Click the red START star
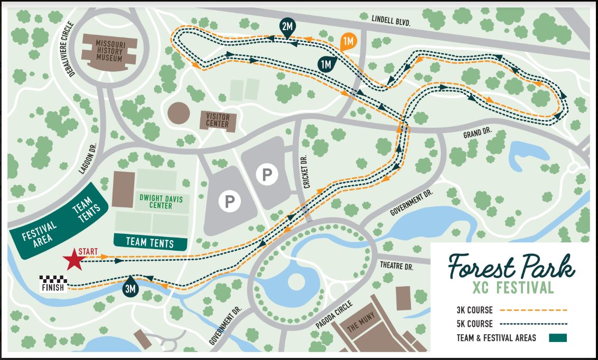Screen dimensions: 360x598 73,260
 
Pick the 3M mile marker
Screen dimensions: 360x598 130,288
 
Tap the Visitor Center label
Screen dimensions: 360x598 217,120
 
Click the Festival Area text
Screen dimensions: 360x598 40,235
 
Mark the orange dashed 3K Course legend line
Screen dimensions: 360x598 532,310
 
